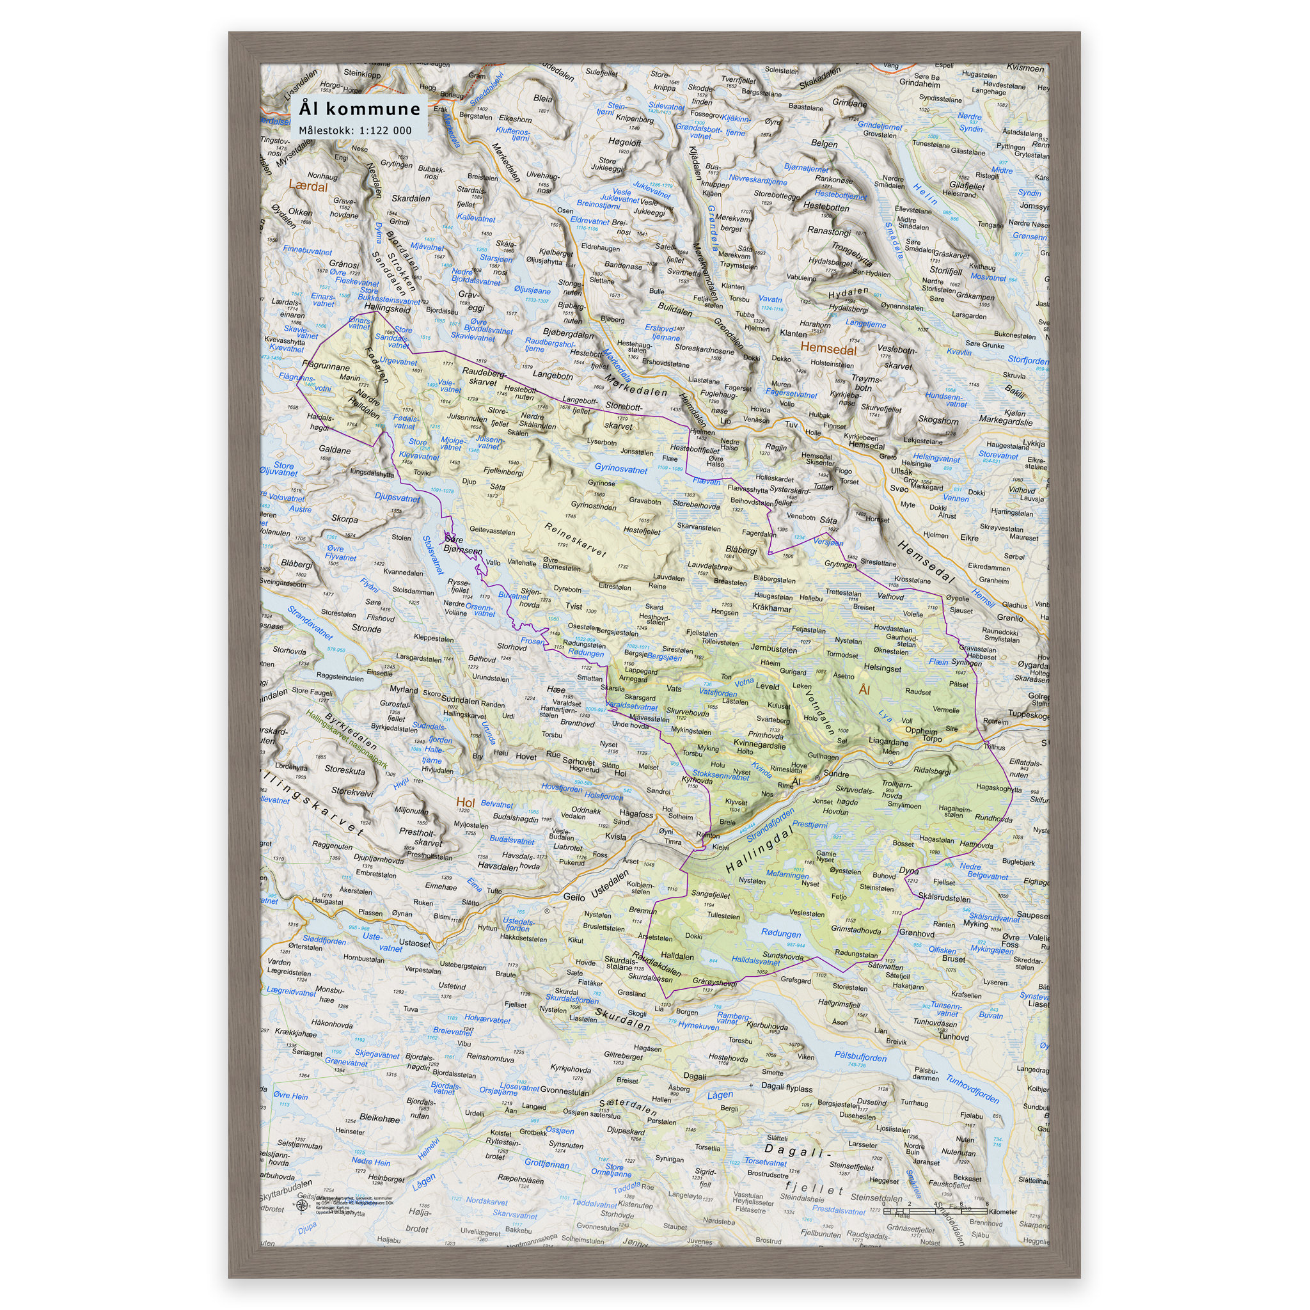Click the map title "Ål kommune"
[x=359, y=109]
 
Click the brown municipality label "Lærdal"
[x=308, y=185]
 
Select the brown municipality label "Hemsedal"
[x=828, y=349]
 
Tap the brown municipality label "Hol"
[x=465, y=802]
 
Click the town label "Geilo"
[x=574, y=896]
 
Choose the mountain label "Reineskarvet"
[x=575, y=539]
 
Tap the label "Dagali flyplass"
[x=787, y=1087]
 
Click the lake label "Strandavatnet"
[x=310, y=623]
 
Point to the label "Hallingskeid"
[x=387, y=308]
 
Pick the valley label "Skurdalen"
[x=622, y=1018]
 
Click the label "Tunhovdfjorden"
[x=972, y=1089]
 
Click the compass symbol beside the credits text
[x=301, y=1204]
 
